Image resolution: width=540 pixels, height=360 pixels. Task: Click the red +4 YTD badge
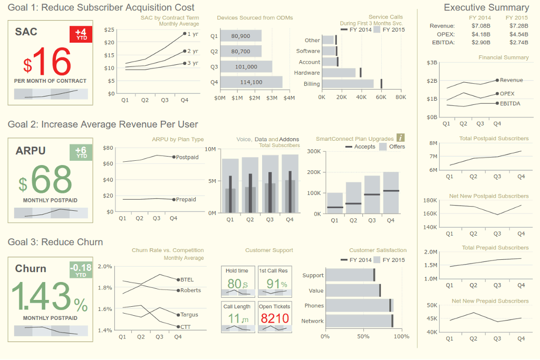(81, 34)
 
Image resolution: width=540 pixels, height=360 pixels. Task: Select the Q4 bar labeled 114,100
(251, 82)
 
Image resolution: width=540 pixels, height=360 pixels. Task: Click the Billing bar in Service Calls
(348, 84)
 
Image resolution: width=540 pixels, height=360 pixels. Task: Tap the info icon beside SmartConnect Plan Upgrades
(400, 138)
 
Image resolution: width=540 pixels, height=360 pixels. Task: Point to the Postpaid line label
(187, 157)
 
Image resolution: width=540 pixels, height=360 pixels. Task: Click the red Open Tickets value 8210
(275, 318)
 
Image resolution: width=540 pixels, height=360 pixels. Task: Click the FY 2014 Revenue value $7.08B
(481, 25)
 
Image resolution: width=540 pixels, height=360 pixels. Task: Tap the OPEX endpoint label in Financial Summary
(507, 93)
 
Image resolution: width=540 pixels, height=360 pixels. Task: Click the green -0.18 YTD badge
(81, 270)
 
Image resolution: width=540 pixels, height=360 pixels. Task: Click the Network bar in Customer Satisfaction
(359, 321)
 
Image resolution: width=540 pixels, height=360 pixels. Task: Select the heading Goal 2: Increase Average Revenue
(103, 124)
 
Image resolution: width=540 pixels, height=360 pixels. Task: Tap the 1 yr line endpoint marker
(185, 34)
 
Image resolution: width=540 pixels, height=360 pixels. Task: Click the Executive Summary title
(486, 7)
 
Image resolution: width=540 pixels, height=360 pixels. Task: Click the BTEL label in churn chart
(187, 280)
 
